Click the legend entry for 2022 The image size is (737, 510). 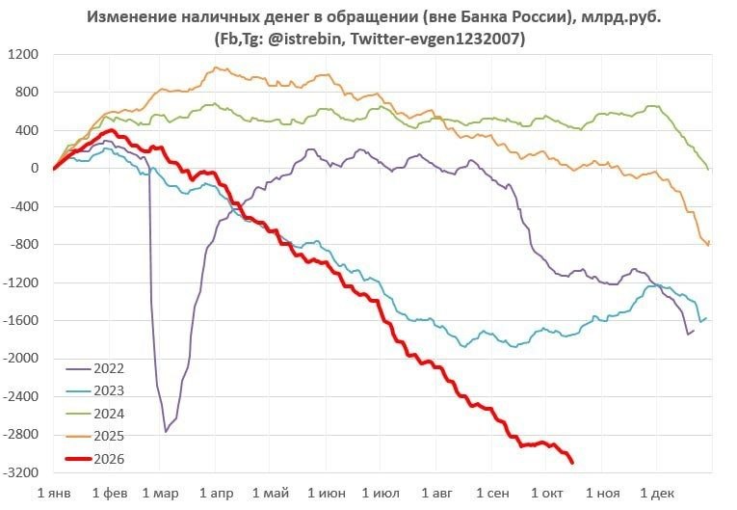(95, 368)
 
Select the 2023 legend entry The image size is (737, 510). (95, 391)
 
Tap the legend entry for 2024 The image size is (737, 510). (95, 414)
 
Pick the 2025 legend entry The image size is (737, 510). (95, 436)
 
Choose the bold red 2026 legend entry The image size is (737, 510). (95, 459)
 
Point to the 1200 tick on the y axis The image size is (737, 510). (23, 54)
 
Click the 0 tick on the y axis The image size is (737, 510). (35, 168)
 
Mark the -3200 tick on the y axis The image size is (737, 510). (20, 472)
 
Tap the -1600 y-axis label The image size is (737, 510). (20, 320)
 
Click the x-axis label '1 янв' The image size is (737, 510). (54, 493)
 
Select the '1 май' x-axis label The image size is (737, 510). (271, 493)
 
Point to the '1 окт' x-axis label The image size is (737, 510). (547, 493)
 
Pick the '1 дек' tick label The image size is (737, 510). (657, 493)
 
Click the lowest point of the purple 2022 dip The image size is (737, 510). (166, 432)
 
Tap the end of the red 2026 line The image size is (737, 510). (572, 463)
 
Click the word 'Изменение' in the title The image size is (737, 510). (122, 17)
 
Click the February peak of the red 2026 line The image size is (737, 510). (112, 130)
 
